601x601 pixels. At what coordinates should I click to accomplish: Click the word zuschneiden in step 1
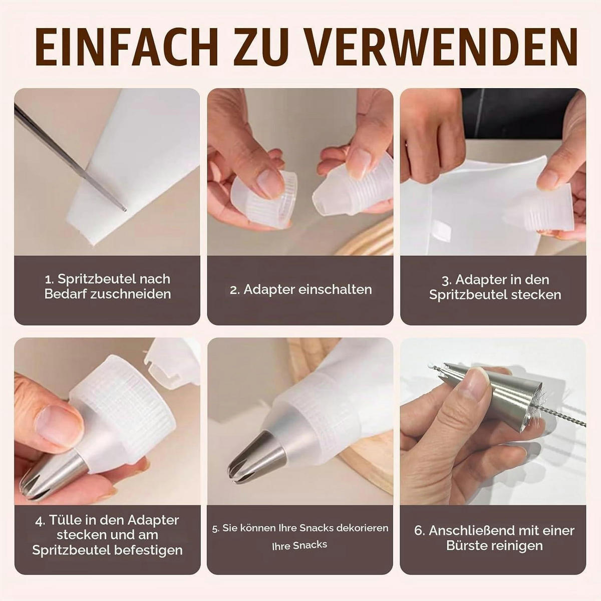pos(131,294)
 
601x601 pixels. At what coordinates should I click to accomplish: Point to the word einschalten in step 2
pos(335,290)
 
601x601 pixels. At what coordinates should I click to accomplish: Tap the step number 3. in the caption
pos(447,280)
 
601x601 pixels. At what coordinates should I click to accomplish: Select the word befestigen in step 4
pos(148,550)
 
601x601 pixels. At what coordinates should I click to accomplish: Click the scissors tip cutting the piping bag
pos(124,209)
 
